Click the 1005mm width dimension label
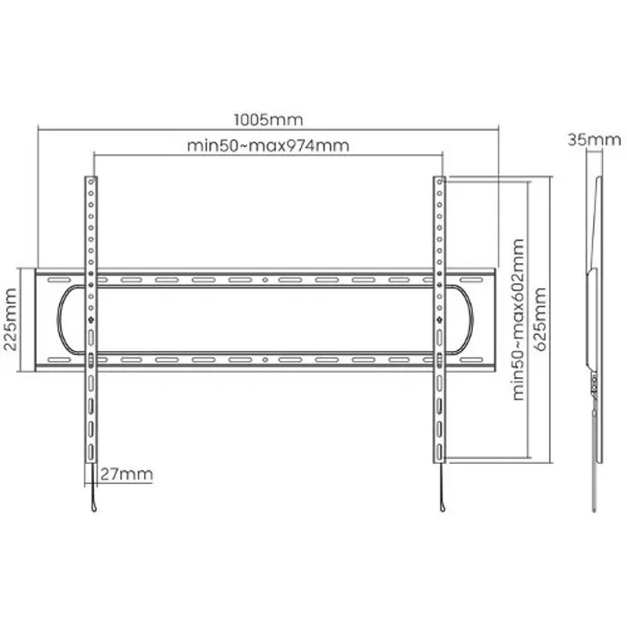pyautogui.click(x=269, y=119)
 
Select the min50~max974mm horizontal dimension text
pyautogui.click(x=268, y=145)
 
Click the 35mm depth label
pyautogui.click(x=594, y=139)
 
